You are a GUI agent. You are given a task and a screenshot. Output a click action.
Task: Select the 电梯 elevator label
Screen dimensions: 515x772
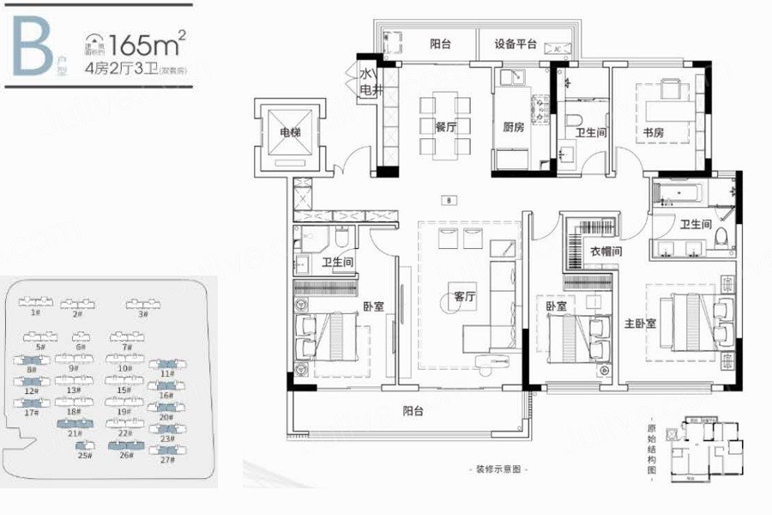pyautogui.click(x=290, y=133)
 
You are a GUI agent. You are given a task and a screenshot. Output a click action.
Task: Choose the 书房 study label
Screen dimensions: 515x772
pyautogui.click(x=654, y=132)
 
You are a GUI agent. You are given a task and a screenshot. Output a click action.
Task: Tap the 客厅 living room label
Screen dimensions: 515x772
pyautogui.click(x=465, y=297)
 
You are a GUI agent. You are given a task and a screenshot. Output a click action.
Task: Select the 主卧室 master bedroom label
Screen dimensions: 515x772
pyautogui.click(x=641, y=324)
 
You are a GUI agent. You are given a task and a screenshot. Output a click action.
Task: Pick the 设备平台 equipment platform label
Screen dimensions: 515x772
pyautogui.click(x=516, y=45)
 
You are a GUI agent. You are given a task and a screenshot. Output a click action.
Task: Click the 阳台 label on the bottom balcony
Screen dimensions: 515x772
pyautogui.click(x=413, y=411)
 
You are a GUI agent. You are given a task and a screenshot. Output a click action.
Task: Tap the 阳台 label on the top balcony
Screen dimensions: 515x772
pyautogui.click(x=440, y=45)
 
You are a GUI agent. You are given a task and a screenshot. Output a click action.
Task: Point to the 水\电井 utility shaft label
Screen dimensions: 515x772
pyautogui.click(x=368, y=82)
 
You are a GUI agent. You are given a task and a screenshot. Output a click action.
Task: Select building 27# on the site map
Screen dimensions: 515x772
pyautogui.click(x=166, y=460)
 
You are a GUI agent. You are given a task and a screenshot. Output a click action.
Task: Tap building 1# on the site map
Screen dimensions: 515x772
pyautogui.click(x=35, y=313)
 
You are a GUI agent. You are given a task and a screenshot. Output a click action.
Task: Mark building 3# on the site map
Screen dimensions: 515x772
pyautogui.click(x=142, y=313)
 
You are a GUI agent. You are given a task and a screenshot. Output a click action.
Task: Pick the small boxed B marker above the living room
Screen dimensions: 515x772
pyautogui.click(x=449, y=200)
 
